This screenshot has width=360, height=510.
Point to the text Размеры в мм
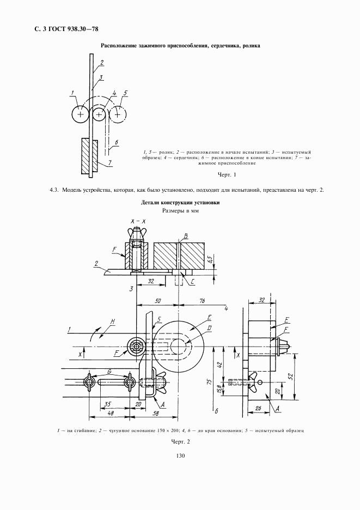point(180,211)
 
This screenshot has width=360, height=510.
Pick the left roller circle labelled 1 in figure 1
point(81,114)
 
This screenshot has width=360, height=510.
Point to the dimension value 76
point(202,300)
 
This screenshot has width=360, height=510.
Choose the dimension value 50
point(157,300)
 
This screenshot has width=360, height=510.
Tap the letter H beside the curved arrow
point(111,323)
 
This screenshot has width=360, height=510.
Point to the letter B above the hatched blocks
point(186,235)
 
